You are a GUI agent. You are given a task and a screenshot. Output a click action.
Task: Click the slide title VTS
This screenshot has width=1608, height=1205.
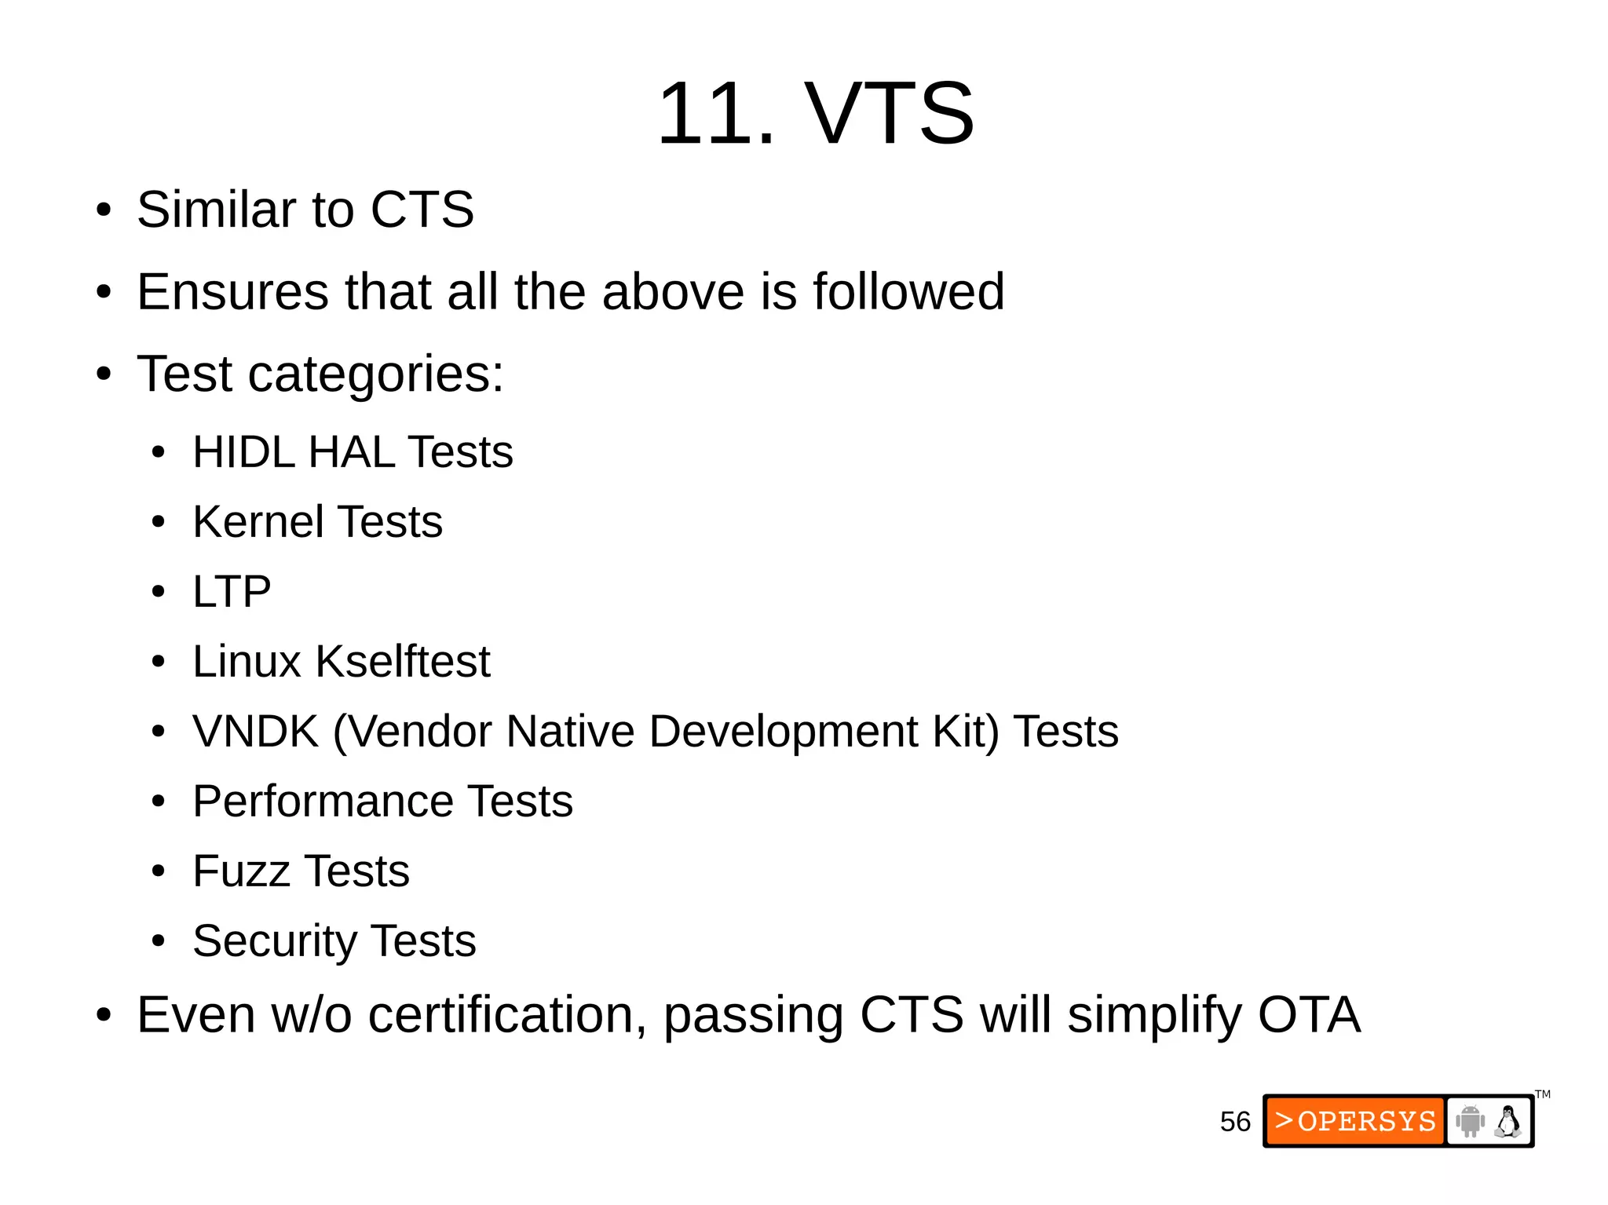(x=889, y=114)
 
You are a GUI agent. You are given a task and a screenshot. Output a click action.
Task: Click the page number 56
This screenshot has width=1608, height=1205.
(x=1234, y=1121)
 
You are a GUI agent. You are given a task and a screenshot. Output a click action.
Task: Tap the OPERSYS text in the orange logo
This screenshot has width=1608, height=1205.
(x=1366, y=1121)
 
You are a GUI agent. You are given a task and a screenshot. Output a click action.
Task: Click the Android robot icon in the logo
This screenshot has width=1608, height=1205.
(x=1470, y=1121)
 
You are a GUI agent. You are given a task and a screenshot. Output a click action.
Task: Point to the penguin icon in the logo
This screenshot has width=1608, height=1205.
(x=1508, y=1121)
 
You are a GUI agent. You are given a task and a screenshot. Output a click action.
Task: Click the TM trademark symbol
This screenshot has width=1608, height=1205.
(x=1543, y=1094)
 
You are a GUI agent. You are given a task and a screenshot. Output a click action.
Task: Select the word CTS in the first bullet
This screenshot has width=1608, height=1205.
(x=422, y=210)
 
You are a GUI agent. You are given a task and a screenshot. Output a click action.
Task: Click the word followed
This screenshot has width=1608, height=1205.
(x=908, y=291)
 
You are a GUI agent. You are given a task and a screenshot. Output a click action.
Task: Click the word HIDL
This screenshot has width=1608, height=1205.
(x=243, y=452)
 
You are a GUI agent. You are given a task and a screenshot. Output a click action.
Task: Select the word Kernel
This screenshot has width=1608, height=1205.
(x=258, y=522)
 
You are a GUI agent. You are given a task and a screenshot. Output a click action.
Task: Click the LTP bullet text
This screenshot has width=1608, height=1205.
(x=232, y=591)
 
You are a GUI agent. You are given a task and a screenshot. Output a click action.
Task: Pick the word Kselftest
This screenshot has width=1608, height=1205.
(x=403, y=661)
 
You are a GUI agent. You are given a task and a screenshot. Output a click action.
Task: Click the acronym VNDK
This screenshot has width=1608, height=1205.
(x=255, y=731)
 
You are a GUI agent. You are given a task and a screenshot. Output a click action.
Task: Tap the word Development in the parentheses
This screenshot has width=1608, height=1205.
(x=784, y=732)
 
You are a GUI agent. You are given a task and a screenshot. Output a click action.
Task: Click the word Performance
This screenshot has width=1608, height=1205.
(x=323, y=801)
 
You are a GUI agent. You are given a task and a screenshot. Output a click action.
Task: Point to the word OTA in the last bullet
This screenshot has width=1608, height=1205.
(x=1309, y=1014)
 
